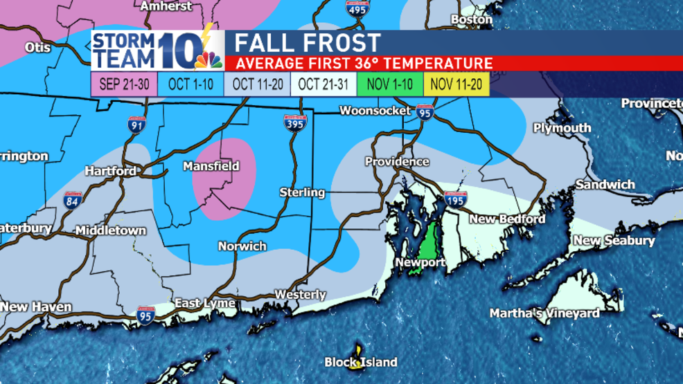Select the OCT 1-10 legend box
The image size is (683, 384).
point(186,84)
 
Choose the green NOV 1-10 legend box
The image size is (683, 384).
point(389,84)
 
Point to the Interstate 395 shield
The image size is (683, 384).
point(295,124)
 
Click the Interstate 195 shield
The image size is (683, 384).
point(455,200)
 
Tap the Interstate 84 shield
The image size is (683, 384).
point(73,200)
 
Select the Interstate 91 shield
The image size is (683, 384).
point(136,125)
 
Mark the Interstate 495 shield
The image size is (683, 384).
point(357,8)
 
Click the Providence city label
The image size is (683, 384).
point(397,161)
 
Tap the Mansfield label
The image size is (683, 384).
point(211,166)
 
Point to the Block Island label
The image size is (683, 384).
point(361,362)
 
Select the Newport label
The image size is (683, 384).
point(420,262)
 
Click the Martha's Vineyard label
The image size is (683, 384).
point(544,313)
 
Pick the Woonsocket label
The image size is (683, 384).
point(375,111)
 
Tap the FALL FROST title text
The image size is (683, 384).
point(308,43)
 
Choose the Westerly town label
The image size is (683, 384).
point(300,295)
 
